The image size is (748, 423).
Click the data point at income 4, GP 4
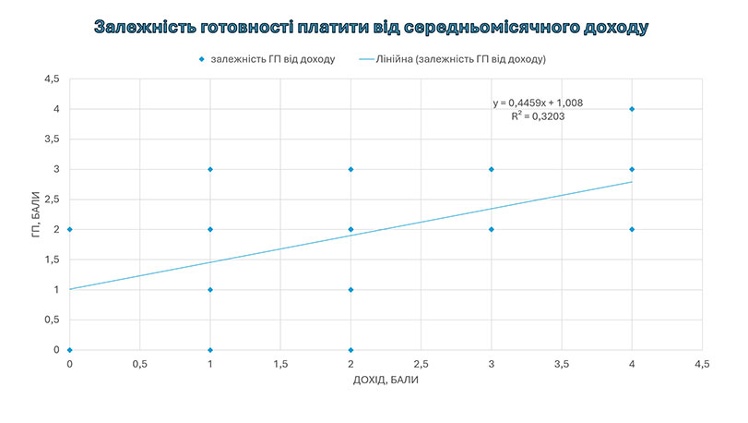point(632,109)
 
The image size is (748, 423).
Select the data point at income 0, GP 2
point(70,229)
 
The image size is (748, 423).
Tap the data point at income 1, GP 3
point(210,169)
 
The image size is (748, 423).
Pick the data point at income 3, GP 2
point(492,229)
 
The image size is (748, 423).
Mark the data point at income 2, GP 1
point(351,289)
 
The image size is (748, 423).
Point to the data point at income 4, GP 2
point(632,229)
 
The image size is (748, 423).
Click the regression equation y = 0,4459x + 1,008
point(537,103)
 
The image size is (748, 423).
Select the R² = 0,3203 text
point(537,117)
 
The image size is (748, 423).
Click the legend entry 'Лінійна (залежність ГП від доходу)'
point(462,59)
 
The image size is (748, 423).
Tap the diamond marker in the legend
point(200,59)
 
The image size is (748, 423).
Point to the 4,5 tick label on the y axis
point(52,79)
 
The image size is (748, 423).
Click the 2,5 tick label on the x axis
point(421,365)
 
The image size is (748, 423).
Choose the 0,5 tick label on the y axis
point(52,320)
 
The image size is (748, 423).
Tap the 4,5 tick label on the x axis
point(702,365)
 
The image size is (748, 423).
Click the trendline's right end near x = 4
point(631,182)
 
